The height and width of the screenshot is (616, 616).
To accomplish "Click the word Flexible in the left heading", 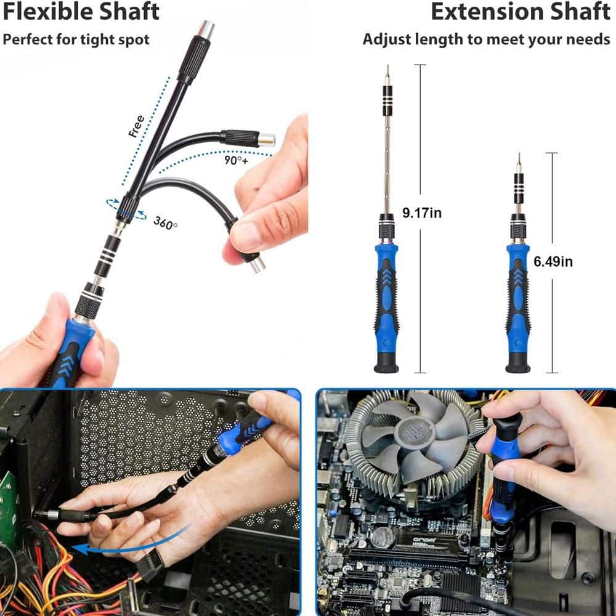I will point(40,12).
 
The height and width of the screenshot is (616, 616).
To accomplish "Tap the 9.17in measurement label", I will point(422,213).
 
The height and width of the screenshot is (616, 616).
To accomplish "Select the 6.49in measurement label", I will point(553,261).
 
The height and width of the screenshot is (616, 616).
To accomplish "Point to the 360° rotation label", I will point(165,223).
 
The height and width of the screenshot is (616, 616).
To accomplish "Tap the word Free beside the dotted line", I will point(136,126).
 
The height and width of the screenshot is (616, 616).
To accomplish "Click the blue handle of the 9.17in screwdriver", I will point(386,296).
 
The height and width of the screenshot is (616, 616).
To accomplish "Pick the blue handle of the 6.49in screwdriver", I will point(517,296).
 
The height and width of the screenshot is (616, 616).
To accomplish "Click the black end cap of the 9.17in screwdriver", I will point(386,365).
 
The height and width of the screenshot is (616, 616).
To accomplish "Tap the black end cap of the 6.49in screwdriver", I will point(517,365).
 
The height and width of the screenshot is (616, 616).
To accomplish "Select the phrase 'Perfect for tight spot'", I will point(76,40).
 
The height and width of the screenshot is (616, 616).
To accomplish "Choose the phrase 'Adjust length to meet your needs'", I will point(486,40).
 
